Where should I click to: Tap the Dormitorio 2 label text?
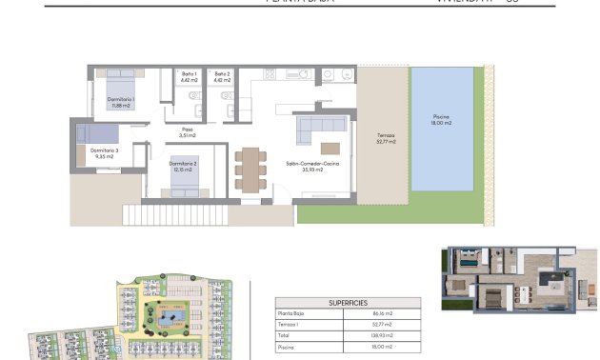pyautogui.click(x=183, y=167)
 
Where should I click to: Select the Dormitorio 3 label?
pyautogui.click(x=105, y=152)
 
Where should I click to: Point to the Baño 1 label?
pyautogui.click(x=190, y=77)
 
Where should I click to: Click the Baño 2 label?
pyautogui.click(x=222, y=77)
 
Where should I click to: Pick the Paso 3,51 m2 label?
pyautogui.click(x=188, y=134)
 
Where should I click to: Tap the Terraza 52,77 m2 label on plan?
pyautogui.click(x=386, y=140)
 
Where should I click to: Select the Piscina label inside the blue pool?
pyautogui.click(x=442, y=120)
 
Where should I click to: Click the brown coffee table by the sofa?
pyautogui.click(x=330, y=148)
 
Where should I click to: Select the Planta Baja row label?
pyautogui.click(x=291, y=312)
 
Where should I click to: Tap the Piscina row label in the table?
pyautogui.click(x=286, y=349)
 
